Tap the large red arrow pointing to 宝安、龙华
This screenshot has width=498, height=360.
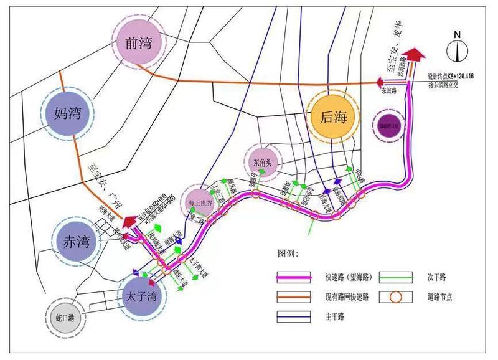pos(415,57)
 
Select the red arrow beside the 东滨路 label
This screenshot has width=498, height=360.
pos(379,82)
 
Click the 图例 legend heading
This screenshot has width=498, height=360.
pos(288,254)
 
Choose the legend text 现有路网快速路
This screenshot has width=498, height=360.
pos(347,297)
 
